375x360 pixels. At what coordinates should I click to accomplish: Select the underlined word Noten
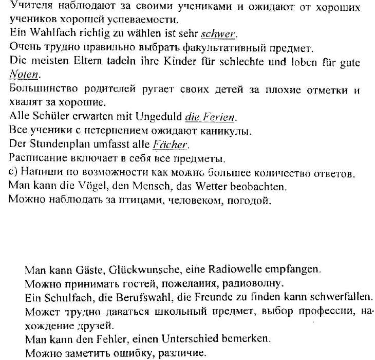point(24,75)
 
